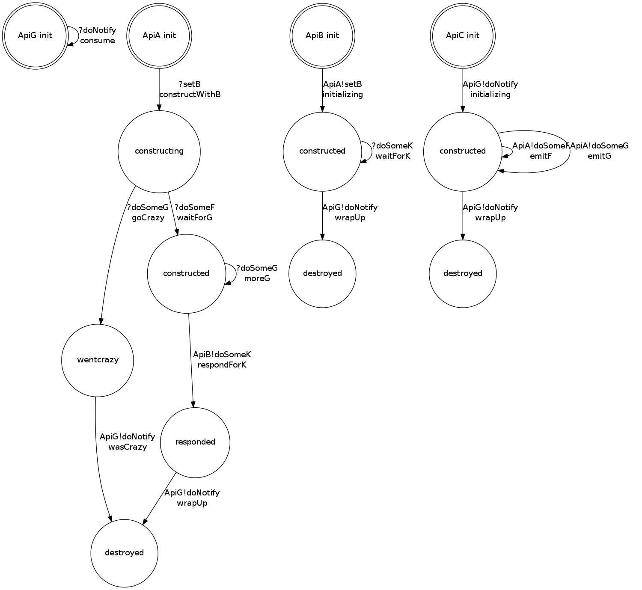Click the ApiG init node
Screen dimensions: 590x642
35,36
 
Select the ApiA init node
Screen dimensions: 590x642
159,36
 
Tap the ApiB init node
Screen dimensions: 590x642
322,36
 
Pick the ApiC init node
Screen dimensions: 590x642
463,36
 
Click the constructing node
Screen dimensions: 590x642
159,151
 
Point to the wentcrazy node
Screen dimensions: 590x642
98,360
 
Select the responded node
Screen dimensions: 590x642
195,442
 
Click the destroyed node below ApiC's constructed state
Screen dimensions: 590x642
463,273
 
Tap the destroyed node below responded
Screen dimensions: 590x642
124,553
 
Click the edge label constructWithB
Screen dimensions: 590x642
190,95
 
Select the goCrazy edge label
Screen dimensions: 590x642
148,218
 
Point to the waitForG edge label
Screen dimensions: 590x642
195,218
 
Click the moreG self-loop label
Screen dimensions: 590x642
257,279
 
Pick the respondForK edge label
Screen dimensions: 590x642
222,365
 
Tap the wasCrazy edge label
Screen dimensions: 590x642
128,447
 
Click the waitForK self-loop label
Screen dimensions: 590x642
393,156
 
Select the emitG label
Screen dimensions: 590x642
599,156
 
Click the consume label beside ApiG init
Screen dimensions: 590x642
98,41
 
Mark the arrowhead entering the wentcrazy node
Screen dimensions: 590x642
101,322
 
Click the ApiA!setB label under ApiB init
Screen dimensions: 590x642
342,84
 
